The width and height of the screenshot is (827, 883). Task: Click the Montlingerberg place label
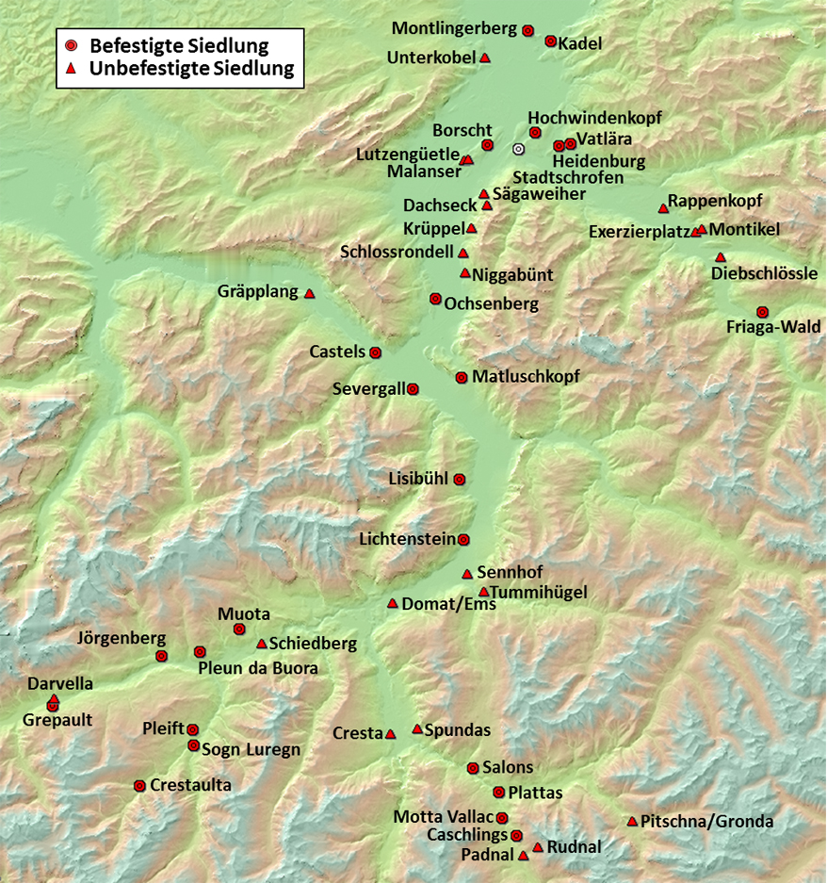(x=455, y=28)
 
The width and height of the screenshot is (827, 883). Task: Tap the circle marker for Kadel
(x=551, y=41)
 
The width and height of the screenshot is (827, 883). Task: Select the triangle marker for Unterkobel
(x=485, y=58)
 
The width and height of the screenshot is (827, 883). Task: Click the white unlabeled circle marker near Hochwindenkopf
(x=518, y=149)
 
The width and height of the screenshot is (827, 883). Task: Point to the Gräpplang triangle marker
(x=309, y=294)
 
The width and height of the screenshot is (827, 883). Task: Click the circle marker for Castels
(x=376, y=353)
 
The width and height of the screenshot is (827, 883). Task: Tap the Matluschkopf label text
(x=526, y=377)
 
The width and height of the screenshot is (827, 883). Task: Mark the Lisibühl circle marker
(x=460, y=480)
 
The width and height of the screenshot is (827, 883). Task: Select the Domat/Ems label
(x=448, y=604)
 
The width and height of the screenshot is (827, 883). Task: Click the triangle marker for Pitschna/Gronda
(x=632, y=822)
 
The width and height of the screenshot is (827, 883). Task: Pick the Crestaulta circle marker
(x=140, y=786)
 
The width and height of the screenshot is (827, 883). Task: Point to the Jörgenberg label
(x=122, y=639)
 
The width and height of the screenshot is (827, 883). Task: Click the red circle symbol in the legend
(x=71, y=45)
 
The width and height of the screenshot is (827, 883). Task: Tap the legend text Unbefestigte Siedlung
(x=192, y=69)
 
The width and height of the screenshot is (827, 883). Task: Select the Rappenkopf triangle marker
(x=663, y=208)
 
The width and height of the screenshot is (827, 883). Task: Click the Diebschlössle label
(x=765, y=274)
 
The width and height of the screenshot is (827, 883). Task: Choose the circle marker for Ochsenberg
(x=435, y=299)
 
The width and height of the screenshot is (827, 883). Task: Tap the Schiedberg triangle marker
(x=262, y=645)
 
